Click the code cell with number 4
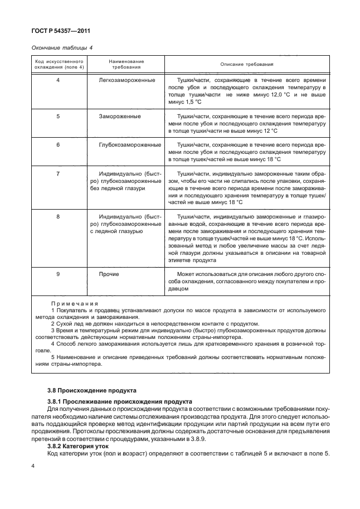point(59,81)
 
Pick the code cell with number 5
point(59,116)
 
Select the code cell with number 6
point(59,144)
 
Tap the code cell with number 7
point(59,174)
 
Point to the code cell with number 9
point(59,274)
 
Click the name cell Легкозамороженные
point(127,81)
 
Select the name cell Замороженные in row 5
point(120,116)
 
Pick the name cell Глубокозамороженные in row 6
point(130,144)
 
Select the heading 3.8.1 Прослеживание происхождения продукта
point(120,401)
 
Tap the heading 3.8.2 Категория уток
point(78,445)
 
